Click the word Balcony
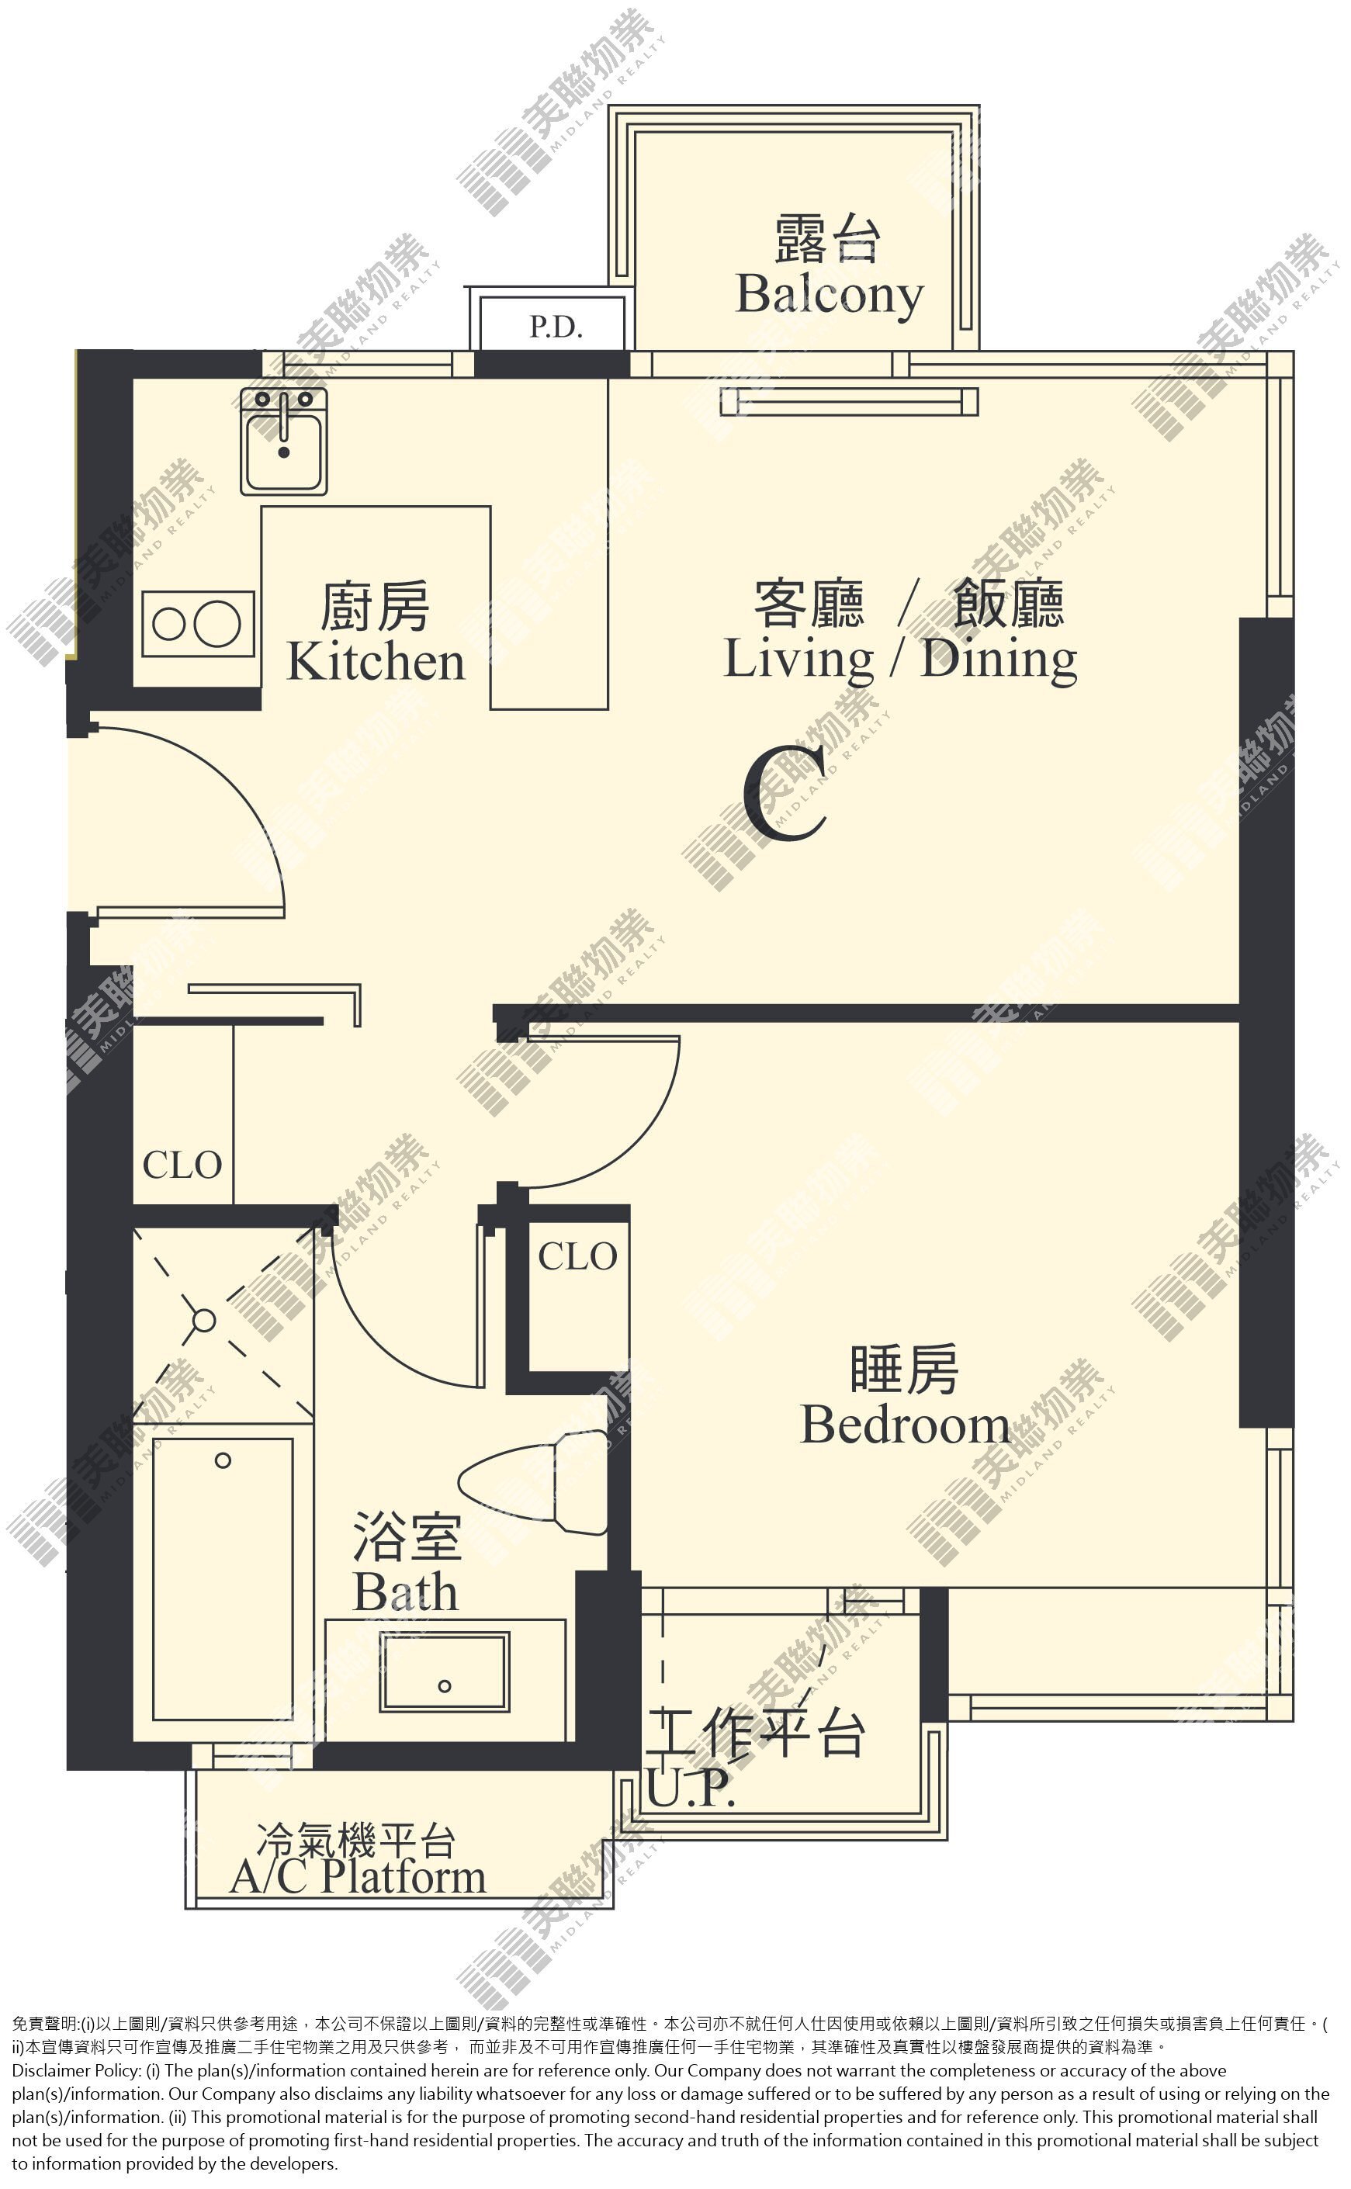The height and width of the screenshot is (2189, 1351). (x=830, y=296)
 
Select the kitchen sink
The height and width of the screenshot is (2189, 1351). (x=284, y=442)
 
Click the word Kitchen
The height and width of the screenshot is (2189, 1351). (x=376, y=662)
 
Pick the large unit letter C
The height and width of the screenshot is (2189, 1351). (x=785, y=795)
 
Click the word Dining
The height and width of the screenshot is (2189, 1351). (x=999, y=661)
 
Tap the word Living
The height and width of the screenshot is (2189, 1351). (x=798, y=661)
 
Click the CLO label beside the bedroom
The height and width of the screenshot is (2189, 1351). (x=577, y=1258)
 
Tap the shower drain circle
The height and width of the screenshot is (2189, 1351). (x=204, y=1321)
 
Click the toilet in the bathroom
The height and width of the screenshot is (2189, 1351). (x=533, y=1483)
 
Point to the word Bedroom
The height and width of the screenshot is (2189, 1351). (x=905, y=1425)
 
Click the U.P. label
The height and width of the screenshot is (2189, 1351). (x=691, y=1790)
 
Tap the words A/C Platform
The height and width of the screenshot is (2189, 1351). (x=358, y=1877)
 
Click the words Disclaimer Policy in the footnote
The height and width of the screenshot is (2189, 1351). (x=76, y=2071)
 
